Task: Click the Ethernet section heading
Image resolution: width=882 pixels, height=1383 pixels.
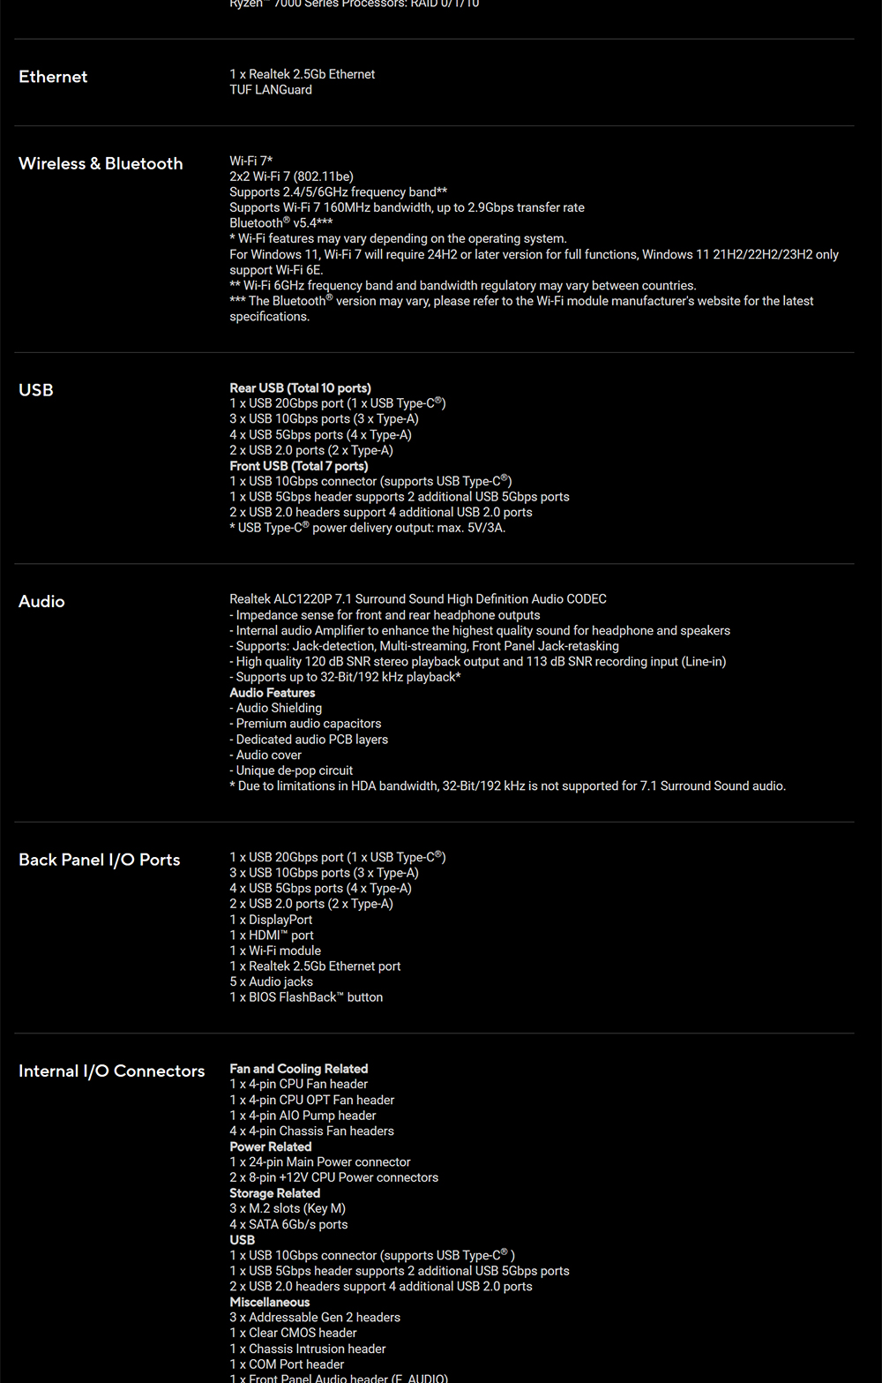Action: tap(53, 77)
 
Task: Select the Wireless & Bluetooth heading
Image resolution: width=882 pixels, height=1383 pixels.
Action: tap(101, 163)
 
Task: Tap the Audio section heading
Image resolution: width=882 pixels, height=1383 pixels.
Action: tap(41, 601)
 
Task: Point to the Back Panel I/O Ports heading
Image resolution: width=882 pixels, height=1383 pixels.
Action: tap(99, 860)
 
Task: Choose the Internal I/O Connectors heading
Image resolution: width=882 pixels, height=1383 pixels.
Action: tap(111, 1071)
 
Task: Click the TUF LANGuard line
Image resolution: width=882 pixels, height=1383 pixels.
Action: tap(271, 90)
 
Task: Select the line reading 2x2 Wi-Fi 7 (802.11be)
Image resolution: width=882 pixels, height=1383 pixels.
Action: tap(291, 177)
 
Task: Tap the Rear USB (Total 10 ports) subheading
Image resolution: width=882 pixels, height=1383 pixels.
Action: tap(300, 388)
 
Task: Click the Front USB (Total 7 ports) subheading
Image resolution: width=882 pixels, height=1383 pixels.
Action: tap(299, 466)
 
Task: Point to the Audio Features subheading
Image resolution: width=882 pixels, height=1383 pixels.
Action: tap(272, 693)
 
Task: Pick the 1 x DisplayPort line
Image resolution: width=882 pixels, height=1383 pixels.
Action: tap(271, 920)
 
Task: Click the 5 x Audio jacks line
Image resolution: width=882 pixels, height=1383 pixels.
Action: tap(271, 981)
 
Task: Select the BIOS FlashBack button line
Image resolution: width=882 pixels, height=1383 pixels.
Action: tap(306, 997)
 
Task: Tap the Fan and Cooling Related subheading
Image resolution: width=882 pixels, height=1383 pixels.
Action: tap(298, 1069)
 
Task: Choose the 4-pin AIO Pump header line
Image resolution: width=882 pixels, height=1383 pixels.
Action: tap(303, 1116)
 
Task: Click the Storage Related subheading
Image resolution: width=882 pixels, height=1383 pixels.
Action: tap(274, 1193)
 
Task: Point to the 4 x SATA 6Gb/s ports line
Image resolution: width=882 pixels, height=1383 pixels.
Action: tap(288, 1224)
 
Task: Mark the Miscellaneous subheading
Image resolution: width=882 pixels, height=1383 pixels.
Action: tap(269, 1302)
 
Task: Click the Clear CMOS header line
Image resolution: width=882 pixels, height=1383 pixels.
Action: tap(293, 1333)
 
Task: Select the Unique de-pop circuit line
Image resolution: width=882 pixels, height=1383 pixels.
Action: tap(291, 770)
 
